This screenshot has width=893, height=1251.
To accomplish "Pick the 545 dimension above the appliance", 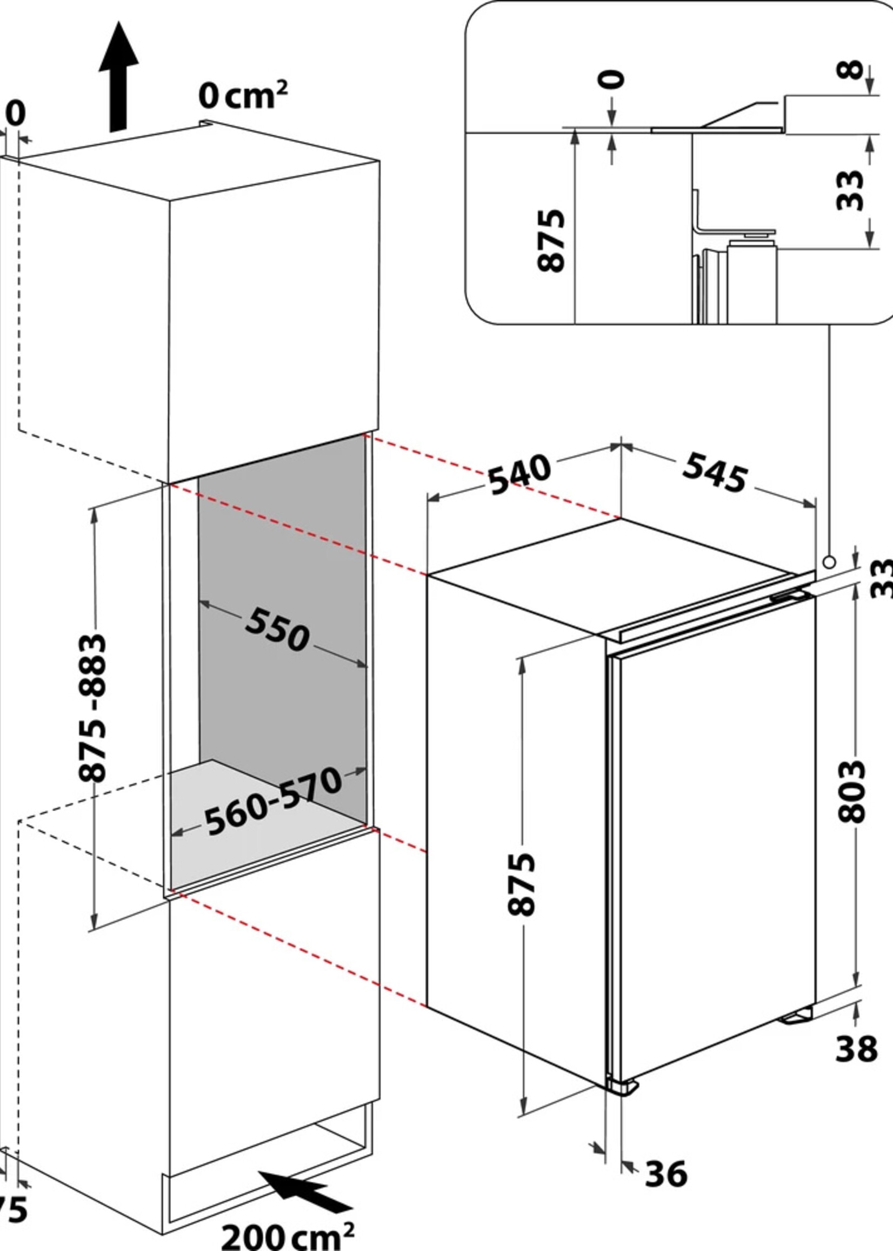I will [715, 472].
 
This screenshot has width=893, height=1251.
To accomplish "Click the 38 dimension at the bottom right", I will [856, 1049].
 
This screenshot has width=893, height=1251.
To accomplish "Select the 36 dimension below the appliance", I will [666, 1174].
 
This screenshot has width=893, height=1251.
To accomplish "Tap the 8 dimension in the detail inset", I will [850, 70].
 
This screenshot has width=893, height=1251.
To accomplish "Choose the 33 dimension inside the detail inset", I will [850, 190].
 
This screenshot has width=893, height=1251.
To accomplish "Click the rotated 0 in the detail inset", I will [611, 79].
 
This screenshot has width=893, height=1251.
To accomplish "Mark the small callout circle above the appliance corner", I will [829, 562].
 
